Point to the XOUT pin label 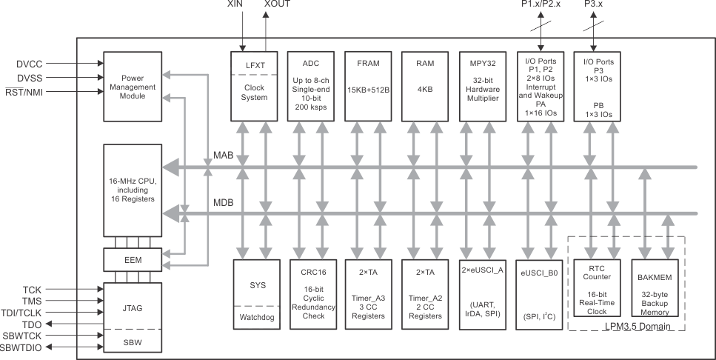[278, 5]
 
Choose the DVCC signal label [31, 64]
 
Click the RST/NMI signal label [27, 92]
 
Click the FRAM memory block [368, 86]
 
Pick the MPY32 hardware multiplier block [483, 86]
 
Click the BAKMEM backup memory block [654, 290]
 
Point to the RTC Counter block [598, 290]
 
